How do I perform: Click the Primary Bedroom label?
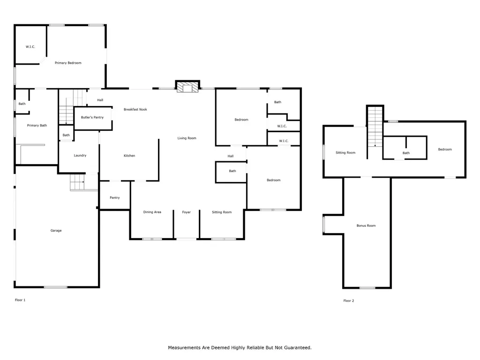[x=68, y=63]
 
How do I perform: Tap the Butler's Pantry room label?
[x=92, y=117]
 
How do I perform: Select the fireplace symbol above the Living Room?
[x=187, y=87]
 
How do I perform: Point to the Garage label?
[x=56, y=231]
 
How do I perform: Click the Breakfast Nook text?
[x=135, y=109]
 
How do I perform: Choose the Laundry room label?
[x=80, y=156]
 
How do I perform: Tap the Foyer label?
[x=187, y=212]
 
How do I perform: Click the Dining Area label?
[x=152, y=212]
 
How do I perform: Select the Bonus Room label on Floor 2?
[x=366, y=225]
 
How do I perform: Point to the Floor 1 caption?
[x=20, y=300]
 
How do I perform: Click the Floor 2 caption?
[x=349, y=300]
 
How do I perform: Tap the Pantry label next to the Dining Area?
[x=115, y=198]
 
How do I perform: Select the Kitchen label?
[x=129, y=156]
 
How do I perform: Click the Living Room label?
[x=187, y=138]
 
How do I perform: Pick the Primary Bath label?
[x=37, y=126]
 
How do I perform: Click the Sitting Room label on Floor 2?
[x=345, y=152]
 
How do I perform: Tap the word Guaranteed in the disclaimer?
[x=298, y=347]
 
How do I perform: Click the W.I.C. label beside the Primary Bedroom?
[x=30, y=47]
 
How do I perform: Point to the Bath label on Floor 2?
[x=406, y=153]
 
